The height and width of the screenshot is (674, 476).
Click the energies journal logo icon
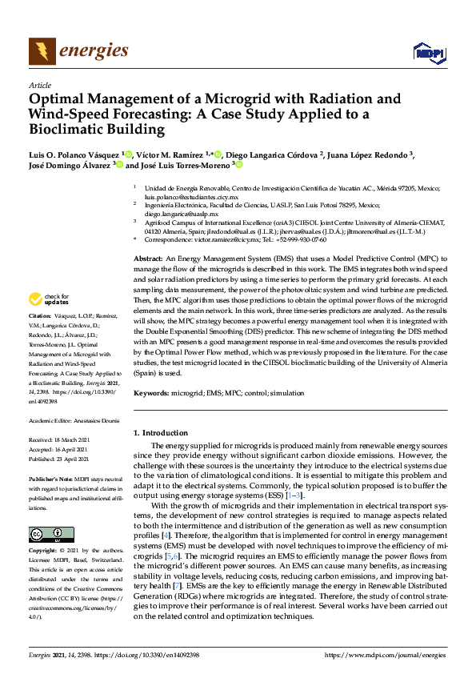[x=42, y=51]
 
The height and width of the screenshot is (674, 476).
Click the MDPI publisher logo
[x=429, y=53]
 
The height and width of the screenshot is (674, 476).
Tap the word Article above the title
[x=40, y=84]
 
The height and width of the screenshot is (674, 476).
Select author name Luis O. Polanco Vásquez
[x=74, y=154]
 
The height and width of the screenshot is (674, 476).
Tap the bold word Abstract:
[x=147, y=259]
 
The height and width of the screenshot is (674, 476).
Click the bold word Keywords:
[x=151, y=393]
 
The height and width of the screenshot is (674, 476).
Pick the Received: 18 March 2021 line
[x=62, y=440]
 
